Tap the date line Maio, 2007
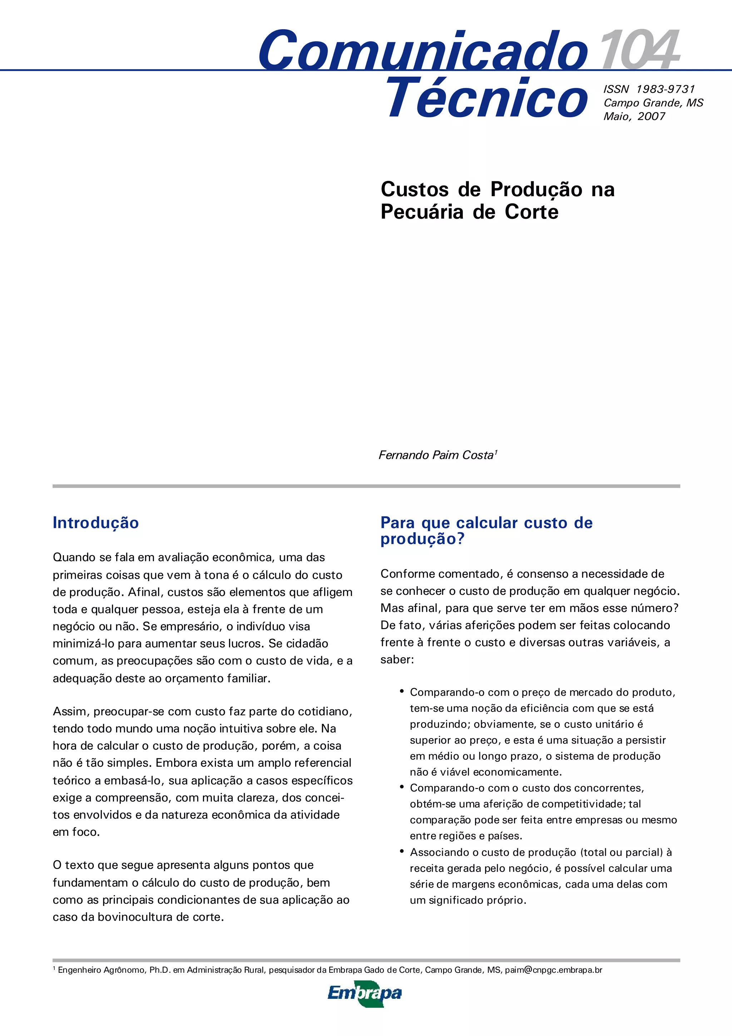tap(634, 117)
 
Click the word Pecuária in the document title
tap(422, 212)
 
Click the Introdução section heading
tap(96, 523)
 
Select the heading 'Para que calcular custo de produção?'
tap(486, 530)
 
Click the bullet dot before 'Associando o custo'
tap(401, 850)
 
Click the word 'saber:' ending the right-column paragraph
tap(397, 660)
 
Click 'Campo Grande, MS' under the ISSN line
tap(653, 103)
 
